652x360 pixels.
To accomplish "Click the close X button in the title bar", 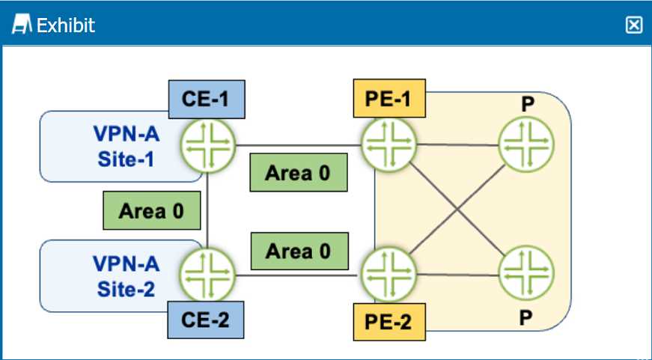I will [633, 25].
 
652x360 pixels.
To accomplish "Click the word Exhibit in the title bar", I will [66, 25].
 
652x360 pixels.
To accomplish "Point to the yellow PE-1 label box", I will [389, 99].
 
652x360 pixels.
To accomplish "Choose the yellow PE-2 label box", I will [389, 322].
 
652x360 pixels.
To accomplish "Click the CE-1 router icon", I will [207, 144].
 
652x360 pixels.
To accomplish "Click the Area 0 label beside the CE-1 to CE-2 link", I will [152, 210].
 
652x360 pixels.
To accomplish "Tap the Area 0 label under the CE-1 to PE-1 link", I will [298, 173].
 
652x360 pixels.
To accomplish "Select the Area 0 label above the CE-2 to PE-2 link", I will [298, 251].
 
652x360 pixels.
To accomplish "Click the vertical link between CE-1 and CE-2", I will [207, 210].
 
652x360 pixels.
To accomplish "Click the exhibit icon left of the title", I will [22, 25].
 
